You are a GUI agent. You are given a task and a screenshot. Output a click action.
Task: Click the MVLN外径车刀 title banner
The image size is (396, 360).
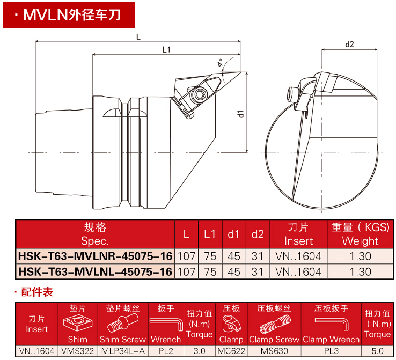coord(69,14)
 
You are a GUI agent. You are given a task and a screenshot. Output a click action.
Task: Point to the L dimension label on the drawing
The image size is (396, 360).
coord(138,37)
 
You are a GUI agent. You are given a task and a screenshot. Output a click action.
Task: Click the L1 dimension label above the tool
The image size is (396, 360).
coord(166,50)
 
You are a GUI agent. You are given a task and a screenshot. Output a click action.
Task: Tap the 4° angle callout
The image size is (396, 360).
coord(221,63)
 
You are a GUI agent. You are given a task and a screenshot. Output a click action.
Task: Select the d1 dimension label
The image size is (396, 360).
coord(241,113)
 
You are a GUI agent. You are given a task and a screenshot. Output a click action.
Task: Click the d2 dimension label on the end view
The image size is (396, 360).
coord(349,45)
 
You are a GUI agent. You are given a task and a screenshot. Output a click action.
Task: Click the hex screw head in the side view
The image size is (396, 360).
coord(200,95)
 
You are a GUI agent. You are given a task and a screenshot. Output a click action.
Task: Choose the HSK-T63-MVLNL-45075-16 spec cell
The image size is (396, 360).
coord(95,271)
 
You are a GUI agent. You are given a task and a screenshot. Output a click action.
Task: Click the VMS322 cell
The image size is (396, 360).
coord(77,351)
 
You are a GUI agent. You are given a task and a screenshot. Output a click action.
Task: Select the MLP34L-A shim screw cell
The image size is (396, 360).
coord(123,351)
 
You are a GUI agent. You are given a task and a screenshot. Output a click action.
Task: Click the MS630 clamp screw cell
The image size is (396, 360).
coord(274,351)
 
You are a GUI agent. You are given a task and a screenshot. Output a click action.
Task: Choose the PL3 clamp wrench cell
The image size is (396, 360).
coord(331,351)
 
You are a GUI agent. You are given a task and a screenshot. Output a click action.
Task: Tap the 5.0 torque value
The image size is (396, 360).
coord(377,351)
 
